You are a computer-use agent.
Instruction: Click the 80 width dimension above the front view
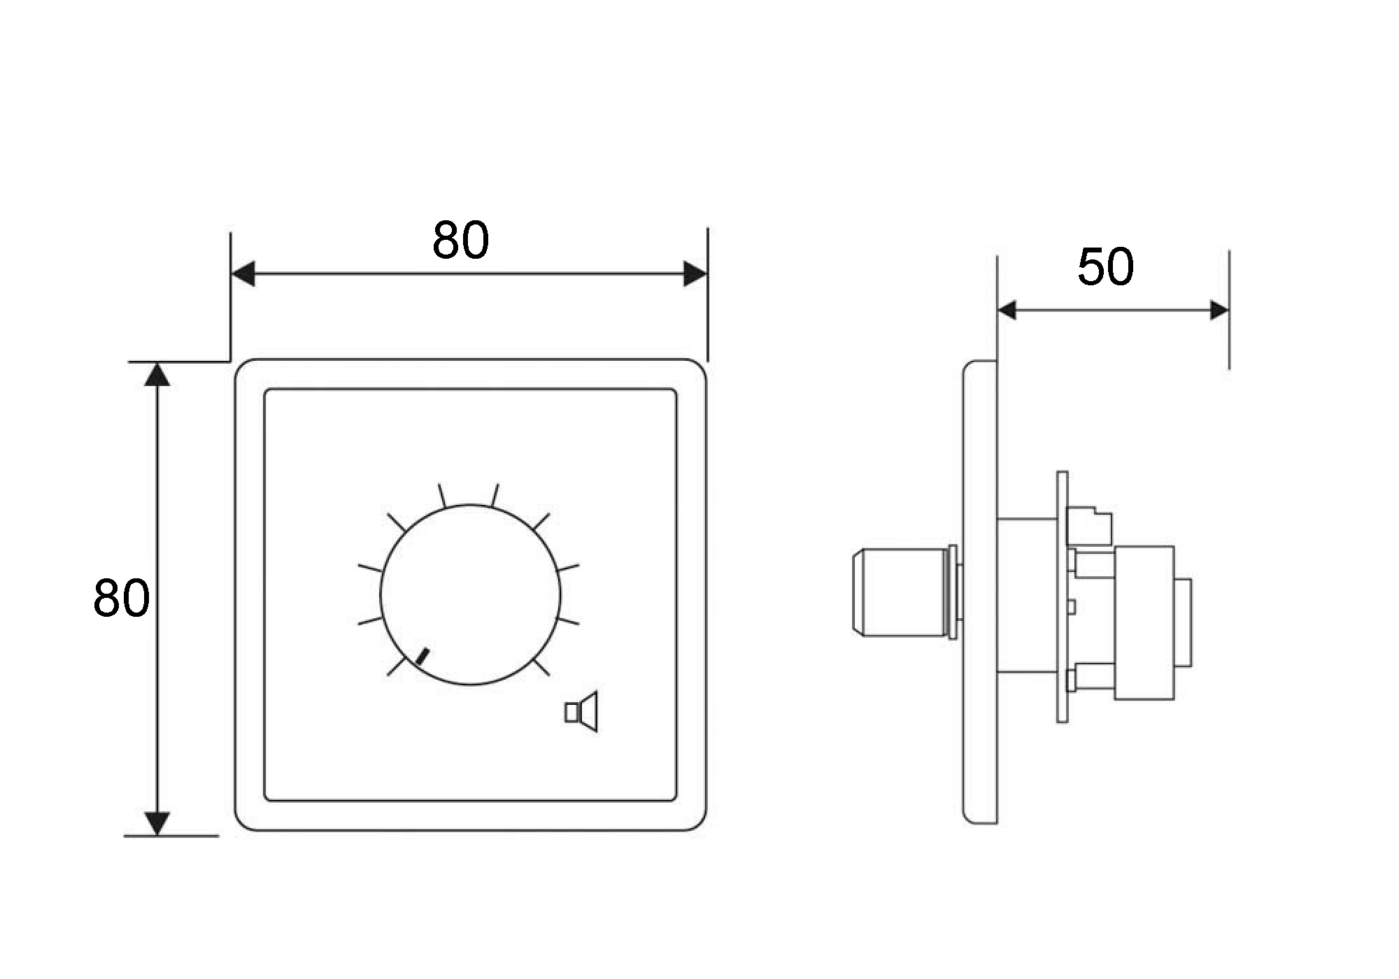[460, 240]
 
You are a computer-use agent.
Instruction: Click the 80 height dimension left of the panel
[121, 598]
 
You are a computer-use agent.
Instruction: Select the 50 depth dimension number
[1105, 267]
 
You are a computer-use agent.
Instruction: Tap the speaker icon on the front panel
[582, 711]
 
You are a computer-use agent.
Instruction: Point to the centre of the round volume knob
[470, 594]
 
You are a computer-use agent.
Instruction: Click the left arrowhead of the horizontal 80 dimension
[243, 274]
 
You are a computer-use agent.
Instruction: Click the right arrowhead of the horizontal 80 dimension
[695, 274]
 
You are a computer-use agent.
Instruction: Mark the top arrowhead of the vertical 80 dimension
[157, 374]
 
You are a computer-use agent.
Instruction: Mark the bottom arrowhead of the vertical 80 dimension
[157, 823]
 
